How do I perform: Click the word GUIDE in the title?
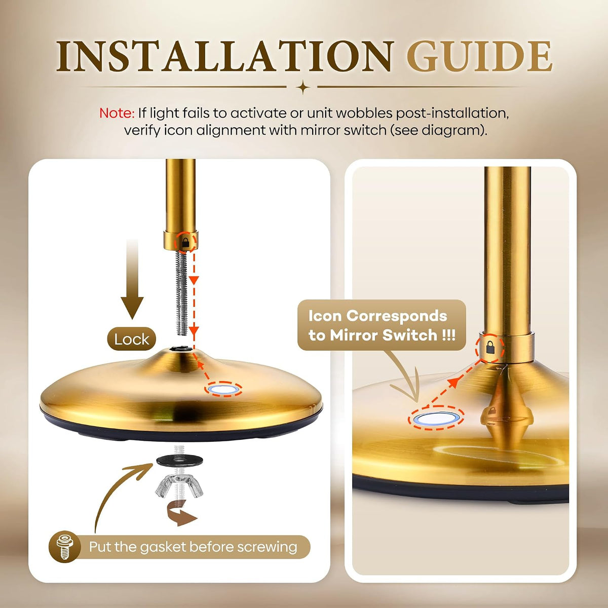[479, 56]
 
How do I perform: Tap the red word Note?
[117, 113]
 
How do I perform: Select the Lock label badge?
[132, 339]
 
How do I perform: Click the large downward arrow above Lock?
[132, 279]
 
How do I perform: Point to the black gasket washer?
[179, 462]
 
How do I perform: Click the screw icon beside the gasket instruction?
[65, 547]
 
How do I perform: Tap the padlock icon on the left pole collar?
[185, 242]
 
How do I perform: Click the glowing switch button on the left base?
[223, 389]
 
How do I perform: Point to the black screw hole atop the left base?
[180, 349]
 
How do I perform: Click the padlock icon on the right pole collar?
[490, 347]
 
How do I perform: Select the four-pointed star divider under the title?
[303, 87]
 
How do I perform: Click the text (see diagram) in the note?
[439, 130]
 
